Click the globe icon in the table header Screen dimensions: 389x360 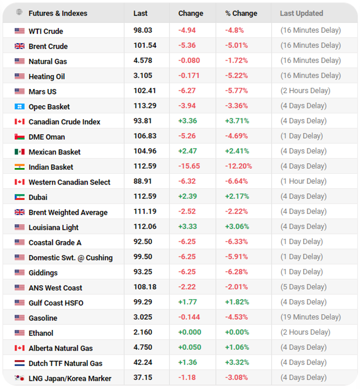[19, 12]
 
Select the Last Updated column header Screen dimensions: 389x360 [301, 13]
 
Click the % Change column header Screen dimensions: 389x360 [241, 13]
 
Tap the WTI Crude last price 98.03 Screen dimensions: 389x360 [143, 30]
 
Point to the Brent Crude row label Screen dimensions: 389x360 [48, 46]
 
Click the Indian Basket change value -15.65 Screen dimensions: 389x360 [189, 166]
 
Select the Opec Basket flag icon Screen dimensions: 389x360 [19, 107]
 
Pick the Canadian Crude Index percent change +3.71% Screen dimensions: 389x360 [237, 121]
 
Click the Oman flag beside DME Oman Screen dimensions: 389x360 [19, 137]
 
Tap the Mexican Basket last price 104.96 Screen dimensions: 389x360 [145, 151]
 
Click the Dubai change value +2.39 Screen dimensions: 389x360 [187, 196]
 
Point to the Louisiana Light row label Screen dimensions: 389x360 [54, 227]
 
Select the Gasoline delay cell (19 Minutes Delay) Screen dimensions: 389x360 [310, 317]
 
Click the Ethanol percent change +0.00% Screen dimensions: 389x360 [237, 332]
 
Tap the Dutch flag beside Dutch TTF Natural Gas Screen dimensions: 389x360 [19, 363]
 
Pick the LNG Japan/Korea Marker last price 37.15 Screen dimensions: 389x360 [143, 378]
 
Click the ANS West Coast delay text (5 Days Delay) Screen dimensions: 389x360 [303, 287]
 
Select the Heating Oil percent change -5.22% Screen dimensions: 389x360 [237, 76]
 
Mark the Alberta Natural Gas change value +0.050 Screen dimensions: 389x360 [190, 347]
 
